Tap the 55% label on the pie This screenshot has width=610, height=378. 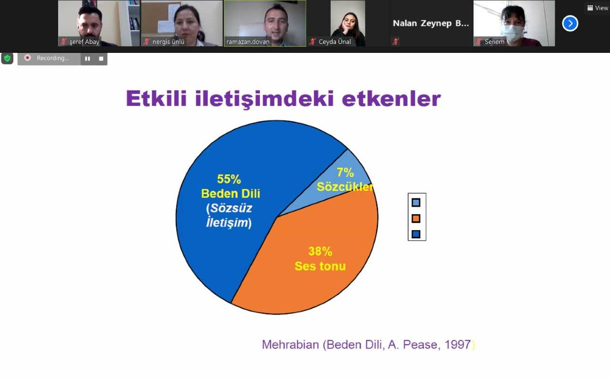point(229,179)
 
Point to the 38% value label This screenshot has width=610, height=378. point(320,251)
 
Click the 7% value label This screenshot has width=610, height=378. point(345,172)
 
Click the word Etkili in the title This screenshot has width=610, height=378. point(156,98)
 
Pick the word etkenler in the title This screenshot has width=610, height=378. point(391,98)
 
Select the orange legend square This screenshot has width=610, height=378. point(416,218)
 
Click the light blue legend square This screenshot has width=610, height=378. point(416,202)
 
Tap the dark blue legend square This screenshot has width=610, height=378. point(416,234)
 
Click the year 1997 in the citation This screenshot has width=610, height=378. point(457,345)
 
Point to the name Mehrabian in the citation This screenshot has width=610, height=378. point(290,345)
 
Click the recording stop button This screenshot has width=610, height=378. point(101,59)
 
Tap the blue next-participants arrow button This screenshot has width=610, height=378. point(570,23)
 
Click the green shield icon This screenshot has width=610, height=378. point(7,58)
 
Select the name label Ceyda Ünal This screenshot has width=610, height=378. point(335,41)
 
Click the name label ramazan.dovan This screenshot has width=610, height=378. point(248,41)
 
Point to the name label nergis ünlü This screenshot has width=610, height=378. point(168,41)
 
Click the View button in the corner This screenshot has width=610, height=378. point(598,8)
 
